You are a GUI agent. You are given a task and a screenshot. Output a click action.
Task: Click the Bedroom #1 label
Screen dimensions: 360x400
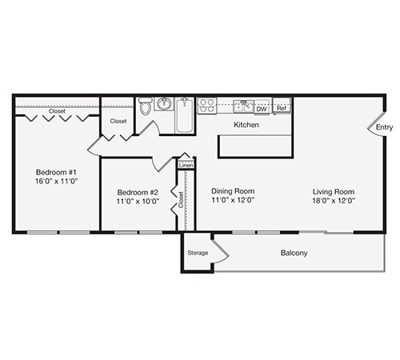point(54,172)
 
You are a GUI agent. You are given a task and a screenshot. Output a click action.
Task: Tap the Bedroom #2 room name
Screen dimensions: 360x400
point(138,192)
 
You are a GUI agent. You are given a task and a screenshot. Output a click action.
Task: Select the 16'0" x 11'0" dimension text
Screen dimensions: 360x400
point(54,182)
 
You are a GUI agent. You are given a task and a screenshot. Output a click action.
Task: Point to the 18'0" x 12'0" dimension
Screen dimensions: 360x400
point(334,202)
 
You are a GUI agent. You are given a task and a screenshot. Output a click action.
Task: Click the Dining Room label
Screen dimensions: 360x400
point(233,191)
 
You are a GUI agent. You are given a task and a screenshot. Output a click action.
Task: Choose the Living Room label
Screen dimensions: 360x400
point(334,191)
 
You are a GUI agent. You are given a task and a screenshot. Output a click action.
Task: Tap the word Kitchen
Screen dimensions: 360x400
point(246,125)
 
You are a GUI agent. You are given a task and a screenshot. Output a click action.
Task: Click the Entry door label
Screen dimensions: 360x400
point(385,126)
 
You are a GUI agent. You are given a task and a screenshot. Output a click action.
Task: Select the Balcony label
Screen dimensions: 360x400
point(294,253)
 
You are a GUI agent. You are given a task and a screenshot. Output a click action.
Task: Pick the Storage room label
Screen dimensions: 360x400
point(198,253)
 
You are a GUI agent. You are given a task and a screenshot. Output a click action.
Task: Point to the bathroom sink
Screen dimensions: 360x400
point(165,104)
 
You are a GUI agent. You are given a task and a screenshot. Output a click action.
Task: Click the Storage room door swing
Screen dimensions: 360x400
point(221,249)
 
